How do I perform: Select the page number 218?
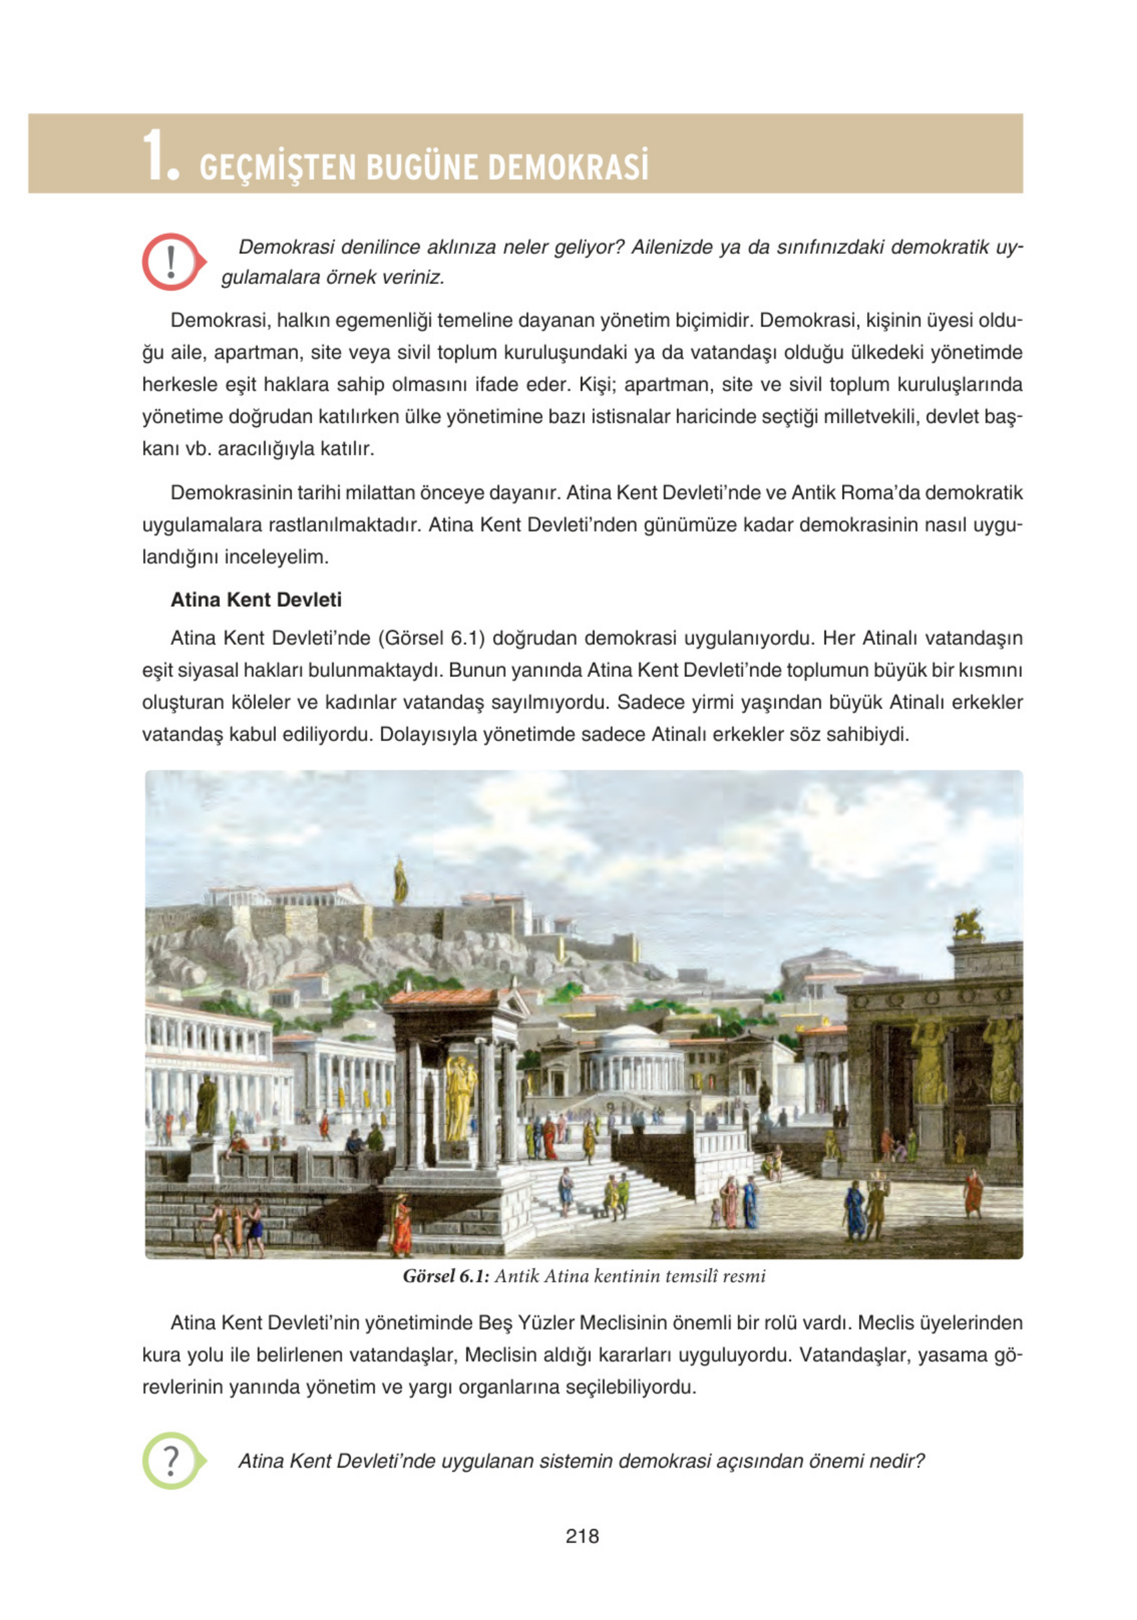582,1536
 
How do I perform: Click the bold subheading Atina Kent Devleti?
255,599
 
